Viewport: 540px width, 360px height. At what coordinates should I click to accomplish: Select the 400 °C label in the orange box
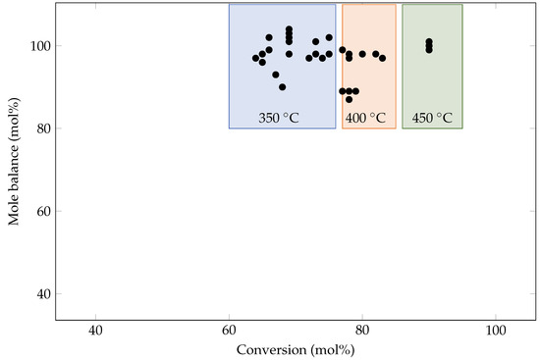point(369,118)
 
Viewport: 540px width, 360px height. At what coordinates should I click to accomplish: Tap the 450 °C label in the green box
point(432,118)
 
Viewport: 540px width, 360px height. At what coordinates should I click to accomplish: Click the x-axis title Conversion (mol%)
point(296,349)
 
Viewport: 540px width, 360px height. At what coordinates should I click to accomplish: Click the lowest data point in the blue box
point(283,87)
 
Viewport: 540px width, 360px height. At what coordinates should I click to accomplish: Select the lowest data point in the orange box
point(349,99)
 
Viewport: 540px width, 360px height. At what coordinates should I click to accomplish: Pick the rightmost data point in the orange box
point(382,58)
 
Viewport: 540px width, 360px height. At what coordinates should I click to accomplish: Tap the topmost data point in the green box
point(429,41)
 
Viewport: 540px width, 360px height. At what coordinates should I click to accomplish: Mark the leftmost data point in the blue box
point(255,58)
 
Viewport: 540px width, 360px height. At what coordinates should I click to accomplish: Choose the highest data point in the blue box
point(289,29)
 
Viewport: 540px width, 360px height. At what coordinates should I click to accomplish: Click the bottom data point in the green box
point(429,50)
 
